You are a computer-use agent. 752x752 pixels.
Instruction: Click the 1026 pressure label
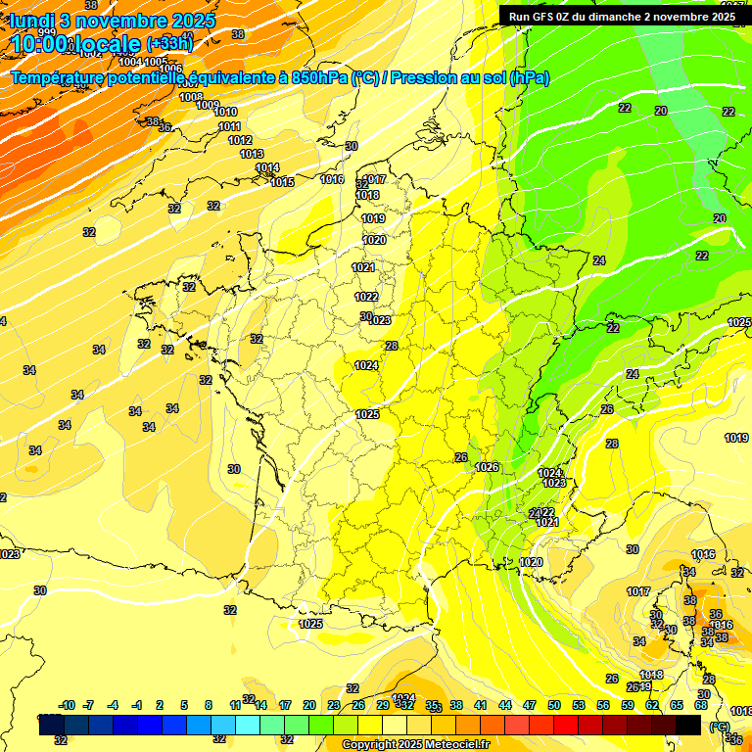coord(488,467)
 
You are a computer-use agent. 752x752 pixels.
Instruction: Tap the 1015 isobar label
coord(283,182)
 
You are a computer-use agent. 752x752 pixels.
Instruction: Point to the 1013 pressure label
coord(252,154)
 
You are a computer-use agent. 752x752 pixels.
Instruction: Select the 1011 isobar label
coord(229,126)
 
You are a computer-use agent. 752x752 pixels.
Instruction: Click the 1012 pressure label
coord(240,140)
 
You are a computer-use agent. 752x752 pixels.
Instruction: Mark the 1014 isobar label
coord(267,168)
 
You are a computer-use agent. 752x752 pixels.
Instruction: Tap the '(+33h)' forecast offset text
coord(169,43)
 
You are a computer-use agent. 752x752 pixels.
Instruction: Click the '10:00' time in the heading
coord(40,44)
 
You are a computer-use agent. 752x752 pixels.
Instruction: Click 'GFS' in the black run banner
coord(546,17)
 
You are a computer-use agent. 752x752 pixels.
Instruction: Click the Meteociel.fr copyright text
coord(415,745)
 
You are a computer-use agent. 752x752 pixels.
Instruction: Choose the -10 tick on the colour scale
coord(68,705)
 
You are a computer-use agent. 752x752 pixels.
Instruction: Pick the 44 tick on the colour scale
coord(505,705)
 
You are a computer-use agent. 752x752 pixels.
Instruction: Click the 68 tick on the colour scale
coord(701,705)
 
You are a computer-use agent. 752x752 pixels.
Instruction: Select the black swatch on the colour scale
coord(688,725)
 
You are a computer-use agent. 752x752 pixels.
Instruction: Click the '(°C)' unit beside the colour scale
coord(720,726)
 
